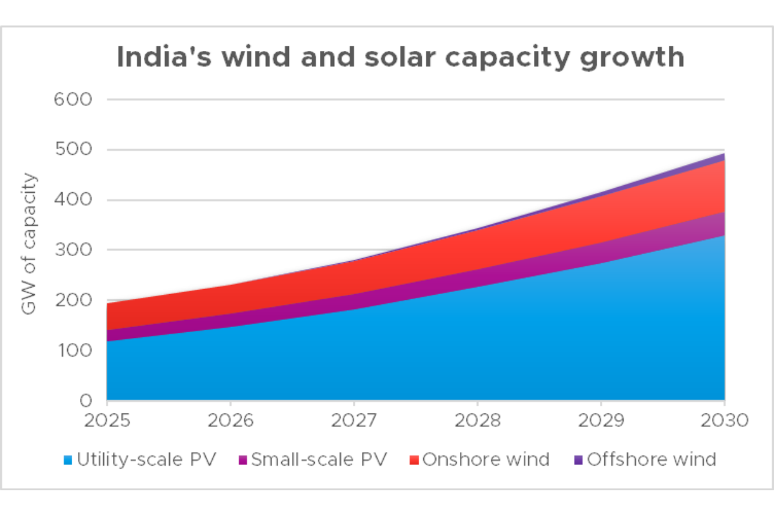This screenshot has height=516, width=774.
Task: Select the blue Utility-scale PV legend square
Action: (x=68, y=461)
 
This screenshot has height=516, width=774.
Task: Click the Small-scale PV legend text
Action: (x=319, y=460)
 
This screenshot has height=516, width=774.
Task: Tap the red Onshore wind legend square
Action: (x=414, y=461)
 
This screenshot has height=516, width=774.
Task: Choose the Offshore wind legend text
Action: (x=651, y=460)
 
